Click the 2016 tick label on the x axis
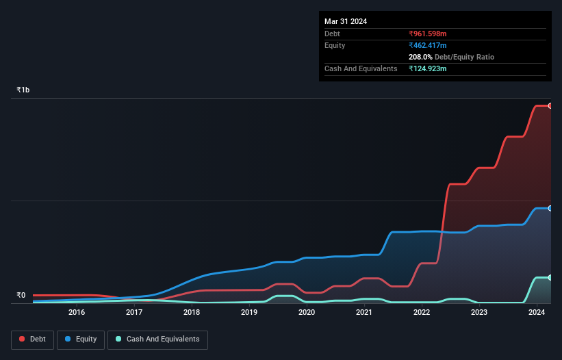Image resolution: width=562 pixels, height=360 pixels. (x=77, y=312)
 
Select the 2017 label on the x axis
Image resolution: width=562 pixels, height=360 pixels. (x=134, y=312)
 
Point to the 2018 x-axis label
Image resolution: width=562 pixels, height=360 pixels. (x=192, y=312)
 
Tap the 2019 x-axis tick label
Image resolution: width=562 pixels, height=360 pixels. (x=249, y=312)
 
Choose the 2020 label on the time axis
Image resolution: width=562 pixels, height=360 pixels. (x=307, y=312)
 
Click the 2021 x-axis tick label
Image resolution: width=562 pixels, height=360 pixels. (x=364, y=312)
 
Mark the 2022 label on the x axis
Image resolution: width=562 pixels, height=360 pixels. (x=422, y=312)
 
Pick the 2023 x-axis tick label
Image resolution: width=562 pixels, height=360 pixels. (x=479, y=312)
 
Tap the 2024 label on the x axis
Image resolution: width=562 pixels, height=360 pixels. (x=537, y=312)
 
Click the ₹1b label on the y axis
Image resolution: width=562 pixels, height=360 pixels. (x=23, y=90)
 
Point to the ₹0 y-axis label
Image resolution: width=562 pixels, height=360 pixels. (x=21, y=296)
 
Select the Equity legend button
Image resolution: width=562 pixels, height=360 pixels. (x=81, y=339)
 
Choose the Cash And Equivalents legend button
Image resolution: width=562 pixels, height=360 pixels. (x=157, y=339)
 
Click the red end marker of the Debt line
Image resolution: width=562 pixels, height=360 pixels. (x=550, y=105)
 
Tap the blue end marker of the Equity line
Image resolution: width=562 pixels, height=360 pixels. (x=550, y=208)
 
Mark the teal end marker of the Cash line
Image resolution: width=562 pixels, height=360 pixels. (x=550, y=277)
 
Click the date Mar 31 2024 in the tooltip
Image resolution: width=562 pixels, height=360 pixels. (x=346, y=21)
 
